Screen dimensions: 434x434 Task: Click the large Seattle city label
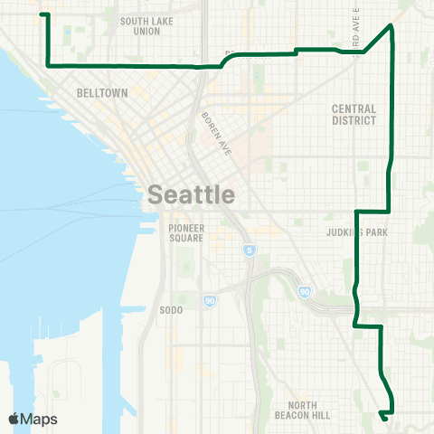[191, 194]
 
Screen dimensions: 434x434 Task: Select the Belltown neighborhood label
[102, 93]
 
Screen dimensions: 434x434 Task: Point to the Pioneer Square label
[186, 232]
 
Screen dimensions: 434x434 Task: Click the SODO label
[171, 310]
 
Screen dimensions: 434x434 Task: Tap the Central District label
[354, 114]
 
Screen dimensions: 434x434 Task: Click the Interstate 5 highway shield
[248, 249]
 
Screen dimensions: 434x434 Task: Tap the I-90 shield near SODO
[209, 301]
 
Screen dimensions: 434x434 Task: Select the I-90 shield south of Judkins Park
[305, 291]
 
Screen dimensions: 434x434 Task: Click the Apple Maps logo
[33, 419]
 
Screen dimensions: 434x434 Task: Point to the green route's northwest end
[42, 15]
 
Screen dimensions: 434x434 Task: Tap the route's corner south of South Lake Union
[47, 65]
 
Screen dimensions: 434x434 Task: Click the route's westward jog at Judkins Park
[357, 212]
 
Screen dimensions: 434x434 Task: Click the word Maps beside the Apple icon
[40, 419]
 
